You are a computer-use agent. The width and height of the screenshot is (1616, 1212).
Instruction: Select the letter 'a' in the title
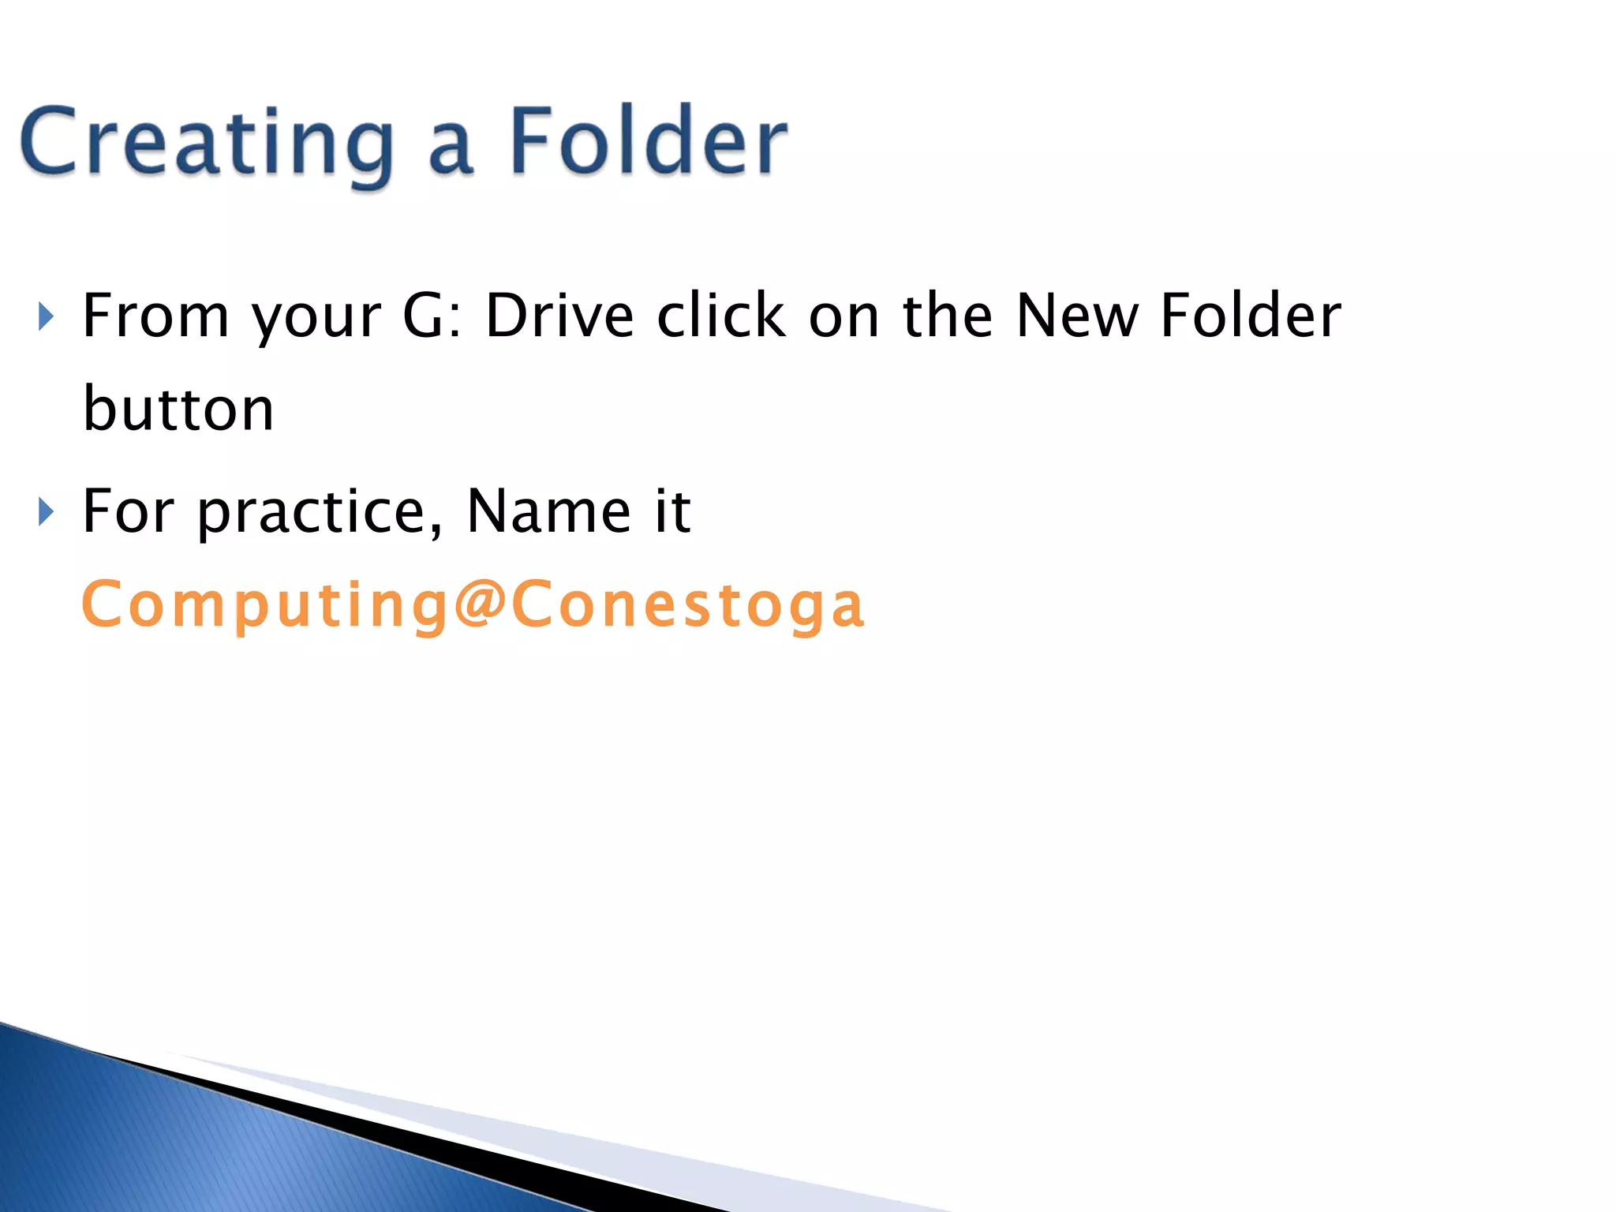tap(451, 150)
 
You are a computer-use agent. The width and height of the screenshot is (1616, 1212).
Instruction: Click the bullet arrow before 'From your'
tap(46, 317)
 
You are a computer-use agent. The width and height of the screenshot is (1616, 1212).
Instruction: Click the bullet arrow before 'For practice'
tap(46, 513)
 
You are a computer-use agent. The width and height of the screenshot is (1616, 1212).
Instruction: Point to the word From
tap(155, 316)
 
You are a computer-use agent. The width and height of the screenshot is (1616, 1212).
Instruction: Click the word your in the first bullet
tap(316, 320)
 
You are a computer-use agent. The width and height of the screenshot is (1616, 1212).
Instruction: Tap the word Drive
tap(559, 316)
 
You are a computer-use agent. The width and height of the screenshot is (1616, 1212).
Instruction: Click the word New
tap(1076, 316)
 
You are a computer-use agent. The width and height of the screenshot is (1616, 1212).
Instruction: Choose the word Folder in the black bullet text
tap(1251, 316)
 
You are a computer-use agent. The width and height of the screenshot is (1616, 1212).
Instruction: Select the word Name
tap(548, 511)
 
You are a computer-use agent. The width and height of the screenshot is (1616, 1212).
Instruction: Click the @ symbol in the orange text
tap(480, 604)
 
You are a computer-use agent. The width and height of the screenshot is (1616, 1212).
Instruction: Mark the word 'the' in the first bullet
tap(947, 316)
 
